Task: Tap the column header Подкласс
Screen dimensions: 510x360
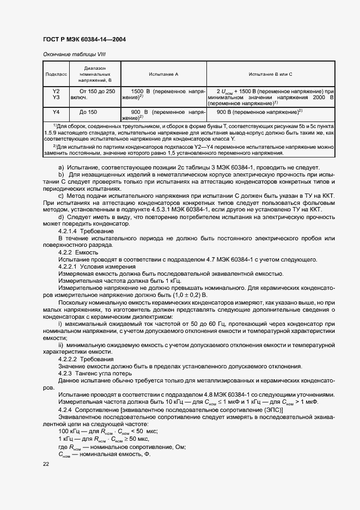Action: [x=56, y=73]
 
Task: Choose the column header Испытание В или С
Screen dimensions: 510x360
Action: [x=270, y=73]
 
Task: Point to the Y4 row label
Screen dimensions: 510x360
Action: [x=56, y=112]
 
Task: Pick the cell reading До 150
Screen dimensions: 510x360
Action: [x=88, y=112]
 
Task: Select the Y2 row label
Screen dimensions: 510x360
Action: [x=56, y=91]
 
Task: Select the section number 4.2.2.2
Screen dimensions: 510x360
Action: [x=69, y=359]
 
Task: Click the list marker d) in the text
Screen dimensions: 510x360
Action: [x=61, y=217]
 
